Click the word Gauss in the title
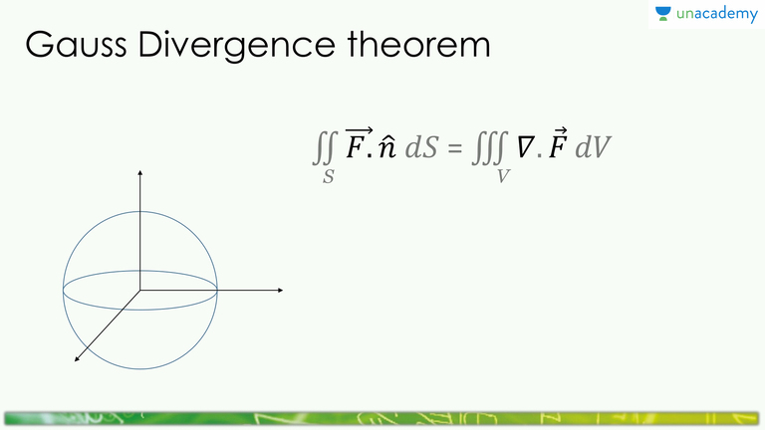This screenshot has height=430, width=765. (x=69, y=47)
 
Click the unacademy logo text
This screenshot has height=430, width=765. (x=716, y=15)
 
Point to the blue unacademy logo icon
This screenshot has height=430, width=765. (x=663, y=14)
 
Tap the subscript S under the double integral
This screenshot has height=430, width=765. (x=328, y=177)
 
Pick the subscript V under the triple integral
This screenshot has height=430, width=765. (x=505, y=177)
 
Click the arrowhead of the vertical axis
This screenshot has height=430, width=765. (x=140, y=174)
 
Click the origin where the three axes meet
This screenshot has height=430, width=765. (x=140, y=290)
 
